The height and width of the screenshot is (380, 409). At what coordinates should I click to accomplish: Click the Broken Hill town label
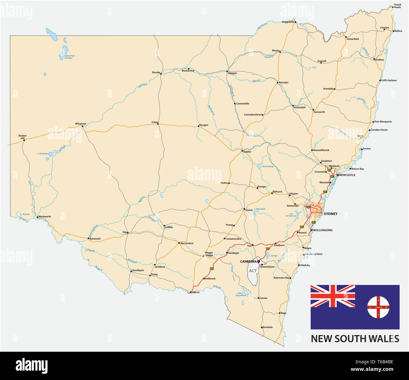[x=23, y=137]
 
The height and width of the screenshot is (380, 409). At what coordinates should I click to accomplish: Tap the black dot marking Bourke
[x=161, y=73]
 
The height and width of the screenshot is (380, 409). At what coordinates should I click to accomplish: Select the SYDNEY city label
[x=330, y=214]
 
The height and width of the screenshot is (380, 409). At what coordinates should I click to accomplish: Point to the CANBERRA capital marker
[x=259, y=261]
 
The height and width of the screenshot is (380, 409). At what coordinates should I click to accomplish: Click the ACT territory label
[x=253, y=271]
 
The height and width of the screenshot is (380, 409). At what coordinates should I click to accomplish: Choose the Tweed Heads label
[x=397, y=6]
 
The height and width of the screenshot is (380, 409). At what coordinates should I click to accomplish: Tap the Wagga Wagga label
[x=209, y=254]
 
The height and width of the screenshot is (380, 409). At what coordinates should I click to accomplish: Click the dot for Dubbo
[x=242, y=151]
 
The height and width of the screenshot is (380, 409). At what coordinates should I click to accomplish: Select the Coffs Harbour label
[x=389, y=80]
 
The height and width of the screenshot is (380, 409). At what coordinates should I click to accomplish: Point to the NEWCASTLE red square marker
[x=338, y=175]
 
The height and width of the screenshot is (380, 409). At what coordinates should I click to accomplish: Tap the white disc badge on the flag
[x=378, y=307]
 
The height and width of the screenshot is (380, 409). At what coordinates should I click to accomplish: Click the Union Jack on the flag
[x=333, y=296]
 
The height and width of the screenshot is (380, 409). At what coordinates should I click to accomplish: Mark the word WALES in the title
[x=384, y=338]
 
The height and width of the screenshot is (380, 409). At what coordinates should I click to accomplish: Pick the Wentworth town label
[x=44, y=217]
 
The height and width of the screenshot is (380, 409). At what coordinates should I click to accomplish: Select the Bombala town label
[x=267, y=327]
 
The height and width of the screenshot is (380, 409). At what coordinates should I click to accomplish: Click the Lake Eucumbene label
[x=241, y=294]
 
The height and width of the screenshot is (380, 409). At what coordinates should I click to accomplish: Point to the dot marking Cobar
[x=158, y=124]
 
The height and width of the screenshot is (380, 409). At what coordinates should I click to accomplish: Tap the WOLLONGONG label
[x=322, y=230]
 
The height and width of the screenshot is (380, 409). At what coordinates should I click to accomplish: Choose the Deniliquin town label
[x=138, y=270]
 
